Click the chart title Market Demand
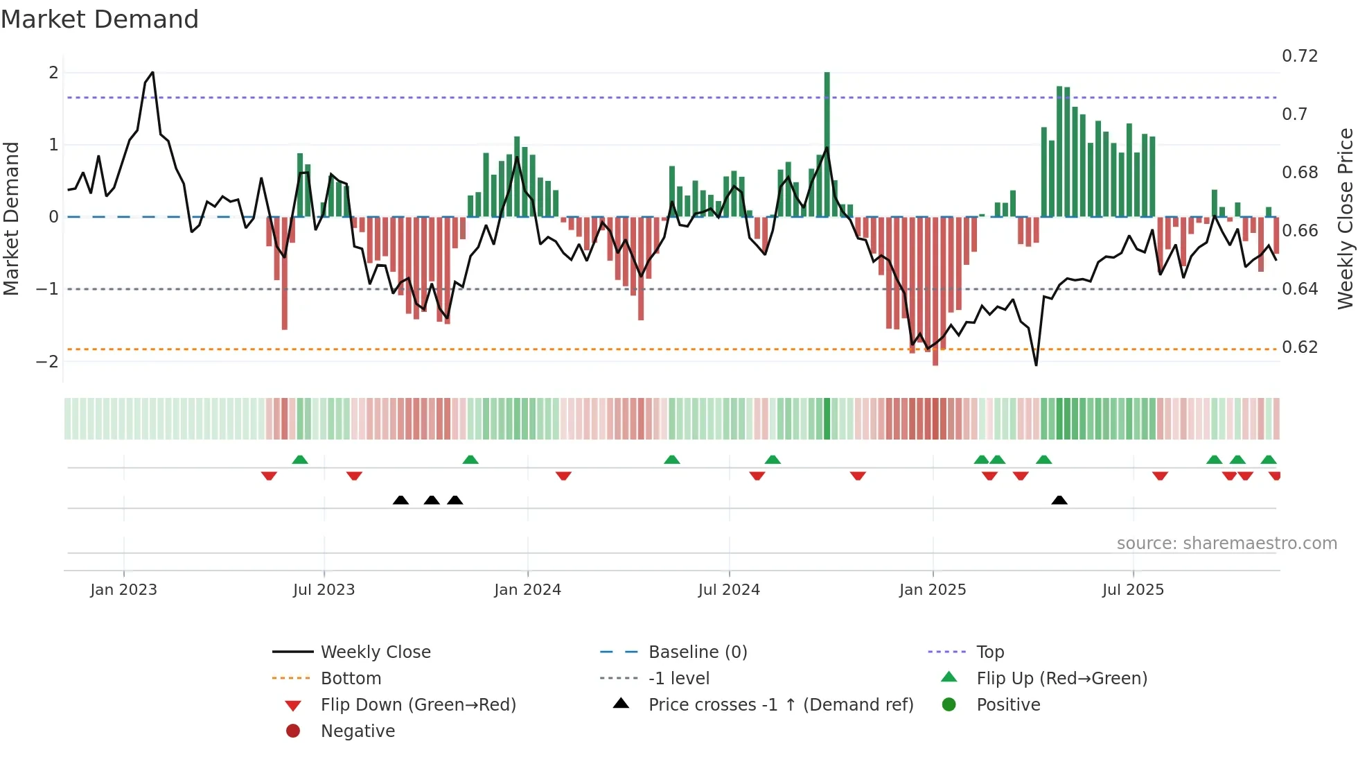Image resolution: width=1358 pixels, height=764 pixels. [x=100, y=19]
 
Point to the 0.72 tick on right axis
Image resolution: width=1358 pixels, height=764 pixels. [x=1299, y=56]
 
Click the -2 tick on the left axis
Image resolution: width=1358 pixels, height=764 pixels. [x=47, y=362]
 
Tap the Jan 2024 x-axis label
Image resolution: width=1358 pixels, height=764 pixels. [x=527, y=590]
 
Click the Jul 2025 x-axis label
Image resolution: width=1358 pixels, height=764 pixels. [x=1133, y=590]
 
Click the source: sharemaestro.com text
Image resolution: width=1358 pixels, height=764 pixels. [x=1226, y=544]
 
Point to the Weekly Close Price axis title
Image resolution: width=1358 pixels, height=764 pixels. [x=1345, y=218]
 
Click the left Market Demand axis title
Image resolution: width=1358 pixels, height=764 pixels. [x=12, y=218]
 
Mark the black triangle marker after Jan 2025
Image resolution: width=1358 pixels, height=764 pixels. [x=1059, y=501]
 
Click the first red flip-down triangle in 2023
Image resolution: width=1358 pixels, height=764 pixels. [x=269, y=476]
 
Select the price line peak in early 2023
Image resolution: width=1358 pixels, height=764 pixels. [x=152, y=73]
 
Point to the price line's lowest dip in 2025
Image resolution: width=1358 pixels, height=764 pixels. [x=1036, y=365]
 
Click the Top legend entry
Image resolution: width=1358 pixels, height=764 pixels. [x=989, y=652]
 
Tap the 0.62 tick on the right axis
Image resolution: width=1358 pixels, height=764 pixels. [x=1299, y=347]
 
